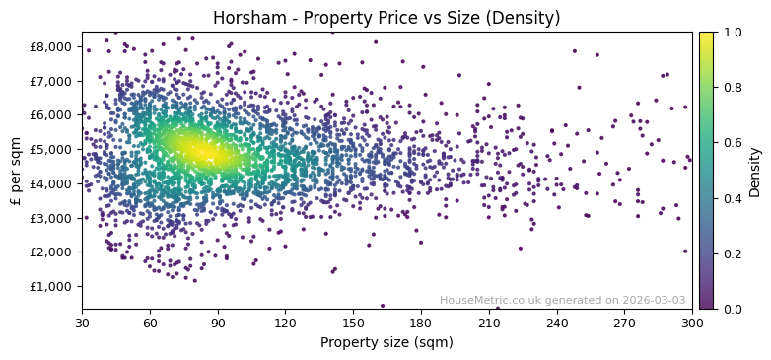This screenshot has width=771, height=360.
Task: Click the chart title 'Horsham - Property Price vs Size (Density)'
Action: coord(385,18)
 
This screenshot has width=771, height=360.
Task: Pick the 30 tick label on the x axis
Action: coord(82,322)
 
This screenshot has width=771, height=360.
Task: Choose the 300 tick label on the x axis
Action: coord(693,322)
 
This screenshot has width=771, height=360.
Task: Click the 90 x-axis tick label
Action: coord(218,322)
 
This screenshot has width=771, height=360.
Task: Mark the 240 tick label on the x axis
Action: coord(557,322)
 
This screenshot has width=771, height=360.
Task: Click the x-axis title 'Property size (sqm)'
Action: coord(386,342)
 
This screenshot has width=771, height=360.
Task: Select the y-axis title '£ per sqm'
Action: coord(17,171)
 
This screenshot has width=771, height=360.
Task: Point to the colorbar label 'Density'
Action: coord(755,171)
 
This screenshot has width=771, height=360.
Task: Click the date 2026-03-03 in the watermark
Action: coord(653,300)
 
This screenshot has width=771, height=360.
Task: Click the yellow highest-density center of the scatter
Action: coord(198,151)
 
